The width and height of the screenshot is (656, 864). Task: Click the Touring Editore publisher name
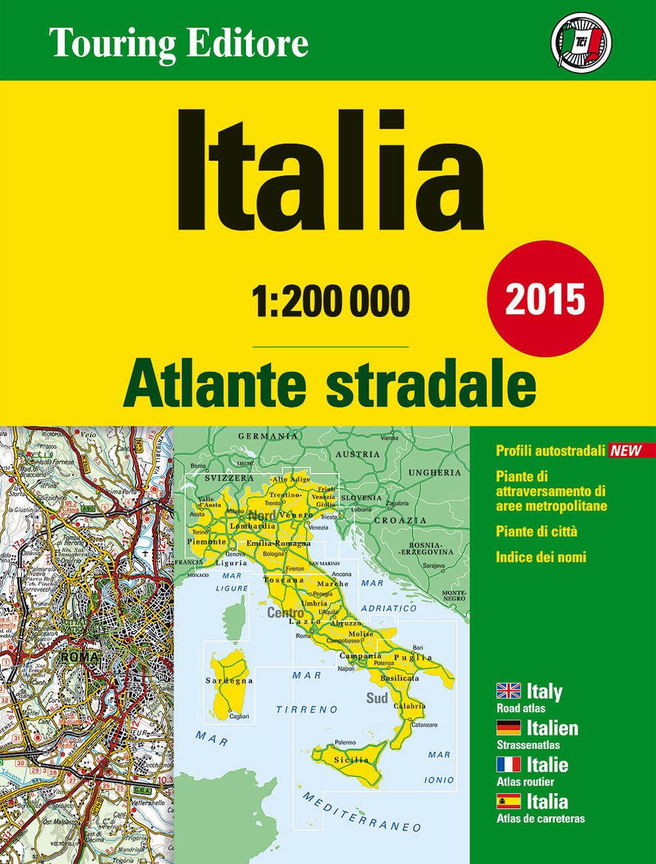[x=178, y=43]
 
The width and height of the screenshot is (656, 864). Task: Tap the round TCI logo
[x=581, y=43]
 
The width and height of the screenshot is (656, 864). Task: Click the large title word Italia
[x=330, y=171]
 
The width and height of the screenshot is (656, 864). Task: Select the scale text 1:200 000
[x=331, y=301]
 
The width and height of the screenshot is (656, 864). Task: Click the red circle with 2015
[x=545, y=299]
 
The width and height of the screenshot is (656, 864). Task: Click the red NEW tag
[x=626, y=451]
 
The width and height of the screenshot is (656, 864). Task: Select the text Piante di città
[x=537, y=531]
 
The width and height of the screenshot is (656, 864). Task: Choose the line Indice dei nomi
[x=541, y=557]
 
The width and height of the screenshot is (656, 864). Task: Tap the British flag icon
[x=508, y=691]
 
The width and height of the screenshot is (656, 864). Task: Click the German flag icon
[x=508, y=728]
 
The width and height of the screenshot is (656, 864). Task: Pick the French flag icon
[x=508, y=764]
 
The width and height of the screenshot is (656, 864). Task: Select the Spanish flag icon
[x=508, y=801]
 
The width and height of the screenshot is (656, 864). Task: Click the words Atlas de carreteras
[x=541, y=818]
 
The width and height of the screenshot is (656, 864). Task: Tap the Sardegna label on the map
[x=229, y=681]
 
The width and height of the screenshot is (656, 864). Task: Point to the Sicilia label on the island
[x=352, y=760]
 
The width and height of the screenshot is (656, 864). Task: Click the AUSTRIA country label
[x=358, y=454]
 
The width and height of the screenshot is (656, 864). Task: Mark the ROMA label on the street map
[x=79, y=657]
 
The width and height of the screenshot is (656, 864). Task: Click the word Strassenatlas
[x=528, y=745]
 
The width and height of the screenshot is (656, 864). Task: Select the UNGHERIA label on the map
[x=434, y=472]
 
